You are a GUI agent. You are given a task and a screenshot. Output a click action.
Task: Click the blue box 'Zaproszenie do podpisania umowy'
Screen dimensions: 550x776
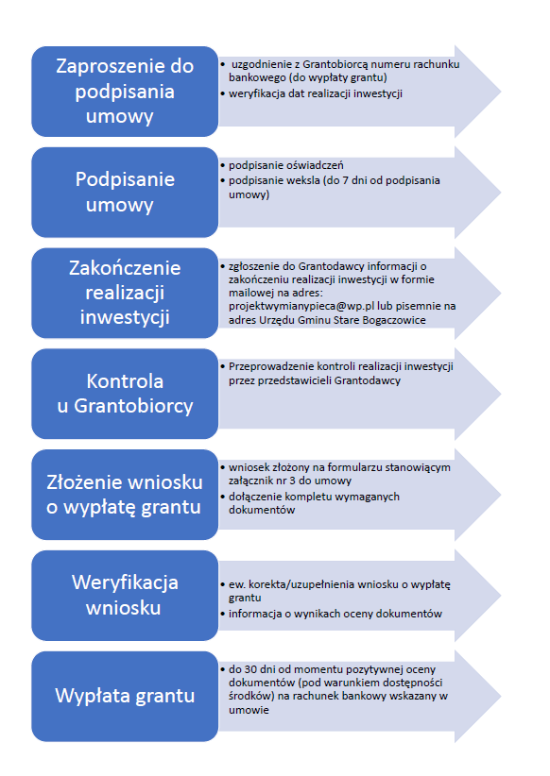click(x=125, y=92)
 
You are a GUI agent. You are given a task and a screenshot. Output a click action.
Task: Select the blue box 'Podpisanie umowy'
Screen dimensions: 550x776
click(x=125, y=192)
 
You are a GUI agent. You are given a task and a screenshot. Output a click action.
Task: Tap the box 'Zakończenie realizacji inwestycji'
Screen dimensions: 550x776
click(x=125, y=293)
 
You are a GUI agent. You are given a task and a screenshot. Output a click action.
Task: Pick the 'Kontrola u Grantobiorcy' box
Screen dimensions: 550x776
click(x=125, y=394)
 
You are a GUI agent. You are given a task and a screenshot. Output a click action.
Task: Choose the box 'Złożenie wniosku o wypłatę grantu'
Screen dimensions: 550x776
click(x=125, y=495)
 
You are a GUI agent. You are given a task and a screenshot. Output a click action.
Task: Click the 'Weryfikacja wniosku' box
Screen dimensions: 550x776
click(x=125, y=596)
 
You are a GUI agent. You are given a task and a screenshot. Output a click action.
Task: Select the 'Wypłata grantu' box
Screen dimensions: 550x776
click(x=125, y=697)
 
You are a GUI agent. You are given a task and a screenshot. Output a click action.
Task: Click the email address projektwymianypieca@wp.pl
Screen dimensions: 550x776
click(x=301, y=307)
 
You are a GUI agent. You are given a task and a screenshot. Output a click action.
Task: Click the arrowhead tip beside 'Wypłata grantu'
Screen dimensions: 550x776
click(x=501, y=697)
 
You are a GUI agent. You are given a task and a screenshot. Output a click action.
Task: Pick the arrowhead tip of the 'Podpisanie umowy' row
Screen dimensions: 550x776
click(x=501, y=192)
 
